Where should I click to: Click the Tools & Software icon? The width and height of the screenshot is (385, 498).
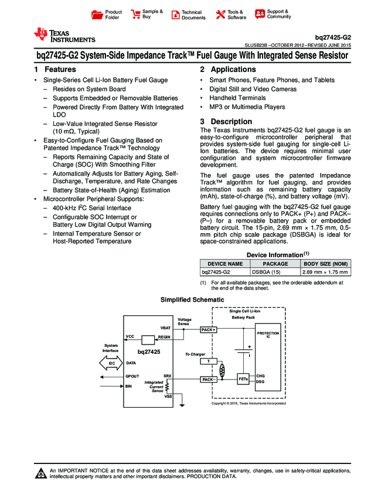[220, 15]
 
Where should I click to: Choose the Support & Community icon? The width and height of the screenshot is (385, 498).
[260, 14]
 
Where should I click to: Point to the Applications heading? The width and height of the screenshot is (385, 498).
[227, 70]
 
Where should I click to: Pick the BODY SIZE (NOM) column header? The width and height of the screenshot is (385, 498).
[325, 264]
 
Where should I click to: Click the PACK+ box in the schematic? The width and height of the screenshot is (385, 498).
[209, 330]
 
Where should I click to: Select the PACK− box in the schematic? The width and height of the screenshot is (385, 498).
[209, 380]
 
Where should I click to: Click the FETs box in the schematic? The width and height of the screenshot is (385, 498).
[244, 379]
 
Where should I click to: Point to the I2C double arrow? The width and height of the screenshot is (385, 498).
[111, 363]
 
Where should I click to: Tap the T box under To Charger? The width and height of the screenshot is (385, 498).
[209, 361]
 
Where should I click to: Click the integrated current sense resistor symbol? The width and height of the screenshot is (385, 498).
[168, 387]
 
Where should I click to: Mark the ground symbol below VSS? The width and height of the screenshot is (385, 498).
[182, 404]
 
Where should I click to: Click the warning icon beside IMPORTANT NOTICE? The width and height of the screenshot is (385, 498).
[41, 474]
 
